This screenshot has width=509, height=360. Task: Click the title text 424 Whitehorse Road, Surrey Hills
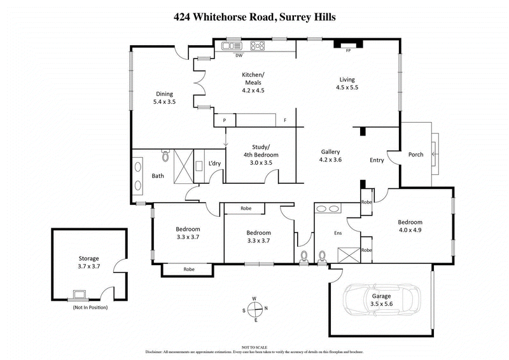(x=254, y=18)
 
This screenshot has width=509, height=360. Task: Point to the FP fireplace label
(x=348, y=50)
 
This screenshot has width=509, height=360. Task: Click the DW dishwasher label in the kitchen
(x=239, y=55)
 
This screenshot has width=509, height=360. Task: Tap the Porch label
(x=415, y=155)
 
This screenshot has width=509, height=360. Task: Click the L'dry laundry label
(x=215, y=163)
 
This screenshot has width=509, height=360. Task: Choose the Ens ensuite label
(x=338, y=233)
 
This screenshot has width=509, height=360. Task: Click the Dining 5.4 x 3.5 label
(x=164, y=97)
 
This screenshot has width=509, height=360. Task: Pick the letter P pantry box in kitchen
(x=224, y=120)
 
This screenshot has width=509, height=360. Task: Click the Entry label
(x=377, y=160)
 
